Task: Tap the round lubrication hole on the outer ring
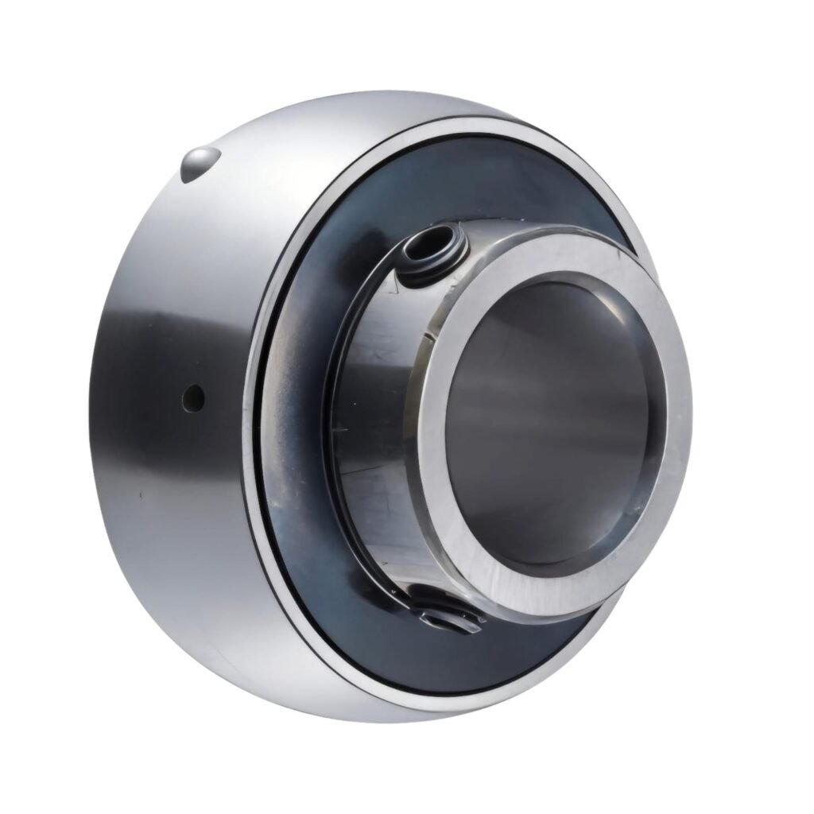click(192, 395)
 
